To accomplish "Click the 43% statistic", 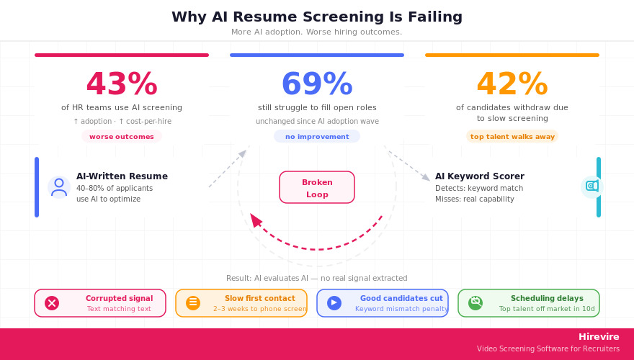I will tap(121, 85).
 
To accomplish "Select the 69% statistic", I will tap(316, 85).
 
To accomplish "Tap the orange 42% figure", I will tap(512, 85).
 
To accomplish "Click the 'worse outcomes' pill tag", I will tap(121, 137).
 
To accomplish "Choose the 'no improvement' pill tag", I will tap(316, 137).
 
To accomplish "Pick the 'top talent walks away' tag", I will tap(512, 137).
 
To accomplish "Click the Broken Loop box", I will tap(316, 187).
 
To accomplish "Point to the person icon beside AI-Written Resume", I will tap(59, 187).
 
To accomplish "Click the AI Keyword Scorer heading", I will tap(479, 176).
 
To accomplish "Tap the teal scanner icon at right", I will tap(591, 186).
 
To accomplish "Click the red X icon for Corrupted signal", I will tap(52, 303).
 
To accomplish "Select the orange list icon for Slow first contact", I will tap(192, 303).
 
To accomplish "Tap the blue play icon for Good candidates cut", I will tap(334, 303).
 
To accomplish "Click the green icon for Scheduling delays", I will tap(475, 303).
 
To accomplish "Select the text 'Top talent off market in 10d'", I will tap(547, 309).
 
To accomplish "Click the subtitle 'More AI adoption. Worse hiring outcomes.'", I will tap(316, 32).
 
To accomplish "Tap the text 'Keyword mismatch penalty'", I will tap(401, 309).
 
